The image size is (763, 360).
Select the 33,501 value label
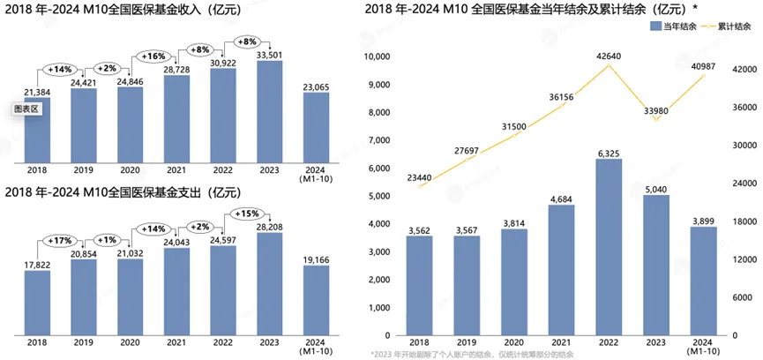(x=269, y=54)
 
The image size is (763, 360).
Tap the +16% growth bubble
(x=154, y=56)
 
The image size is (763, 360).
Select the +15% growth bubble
(x=248, y=213)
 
